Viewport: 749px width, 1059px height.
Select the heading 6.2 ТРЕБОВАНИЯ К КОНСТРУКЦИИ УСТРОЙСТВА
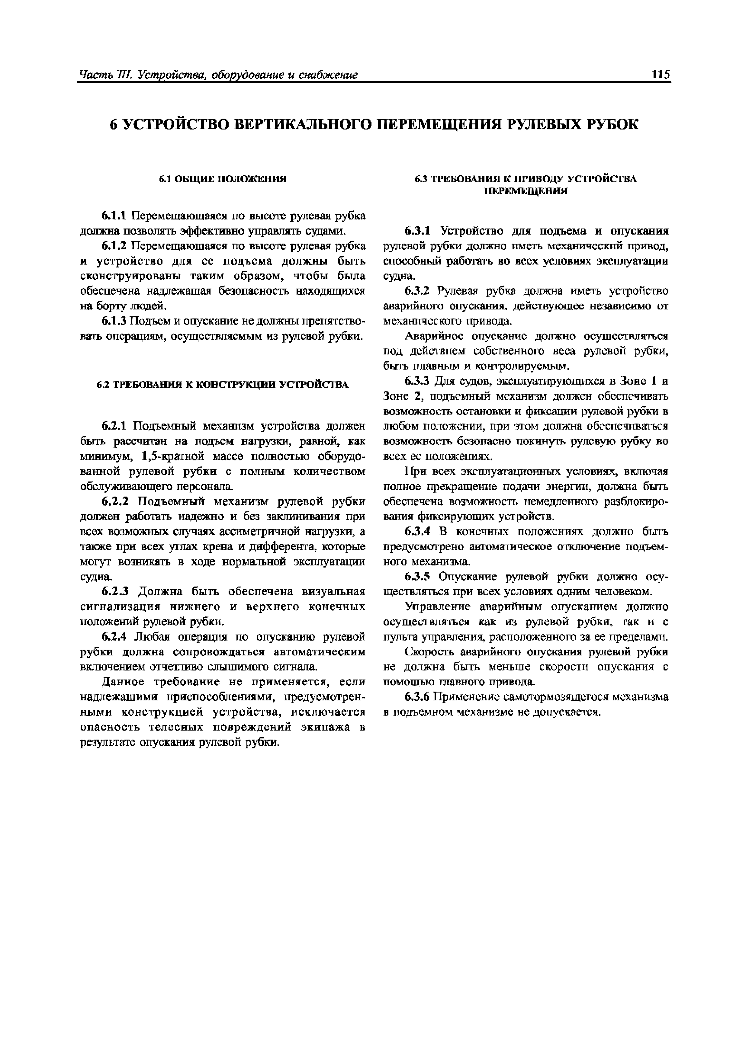coord(223,384)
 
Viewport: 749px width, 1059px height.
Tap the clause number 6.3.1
coord(417,231)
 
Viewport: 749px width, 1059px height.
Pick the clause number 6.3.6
coord(417,697)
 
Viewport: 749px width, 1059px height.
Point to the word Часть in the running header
coord(95,75)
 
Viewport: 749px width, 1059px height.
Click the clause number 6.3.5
coord(417,577)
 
